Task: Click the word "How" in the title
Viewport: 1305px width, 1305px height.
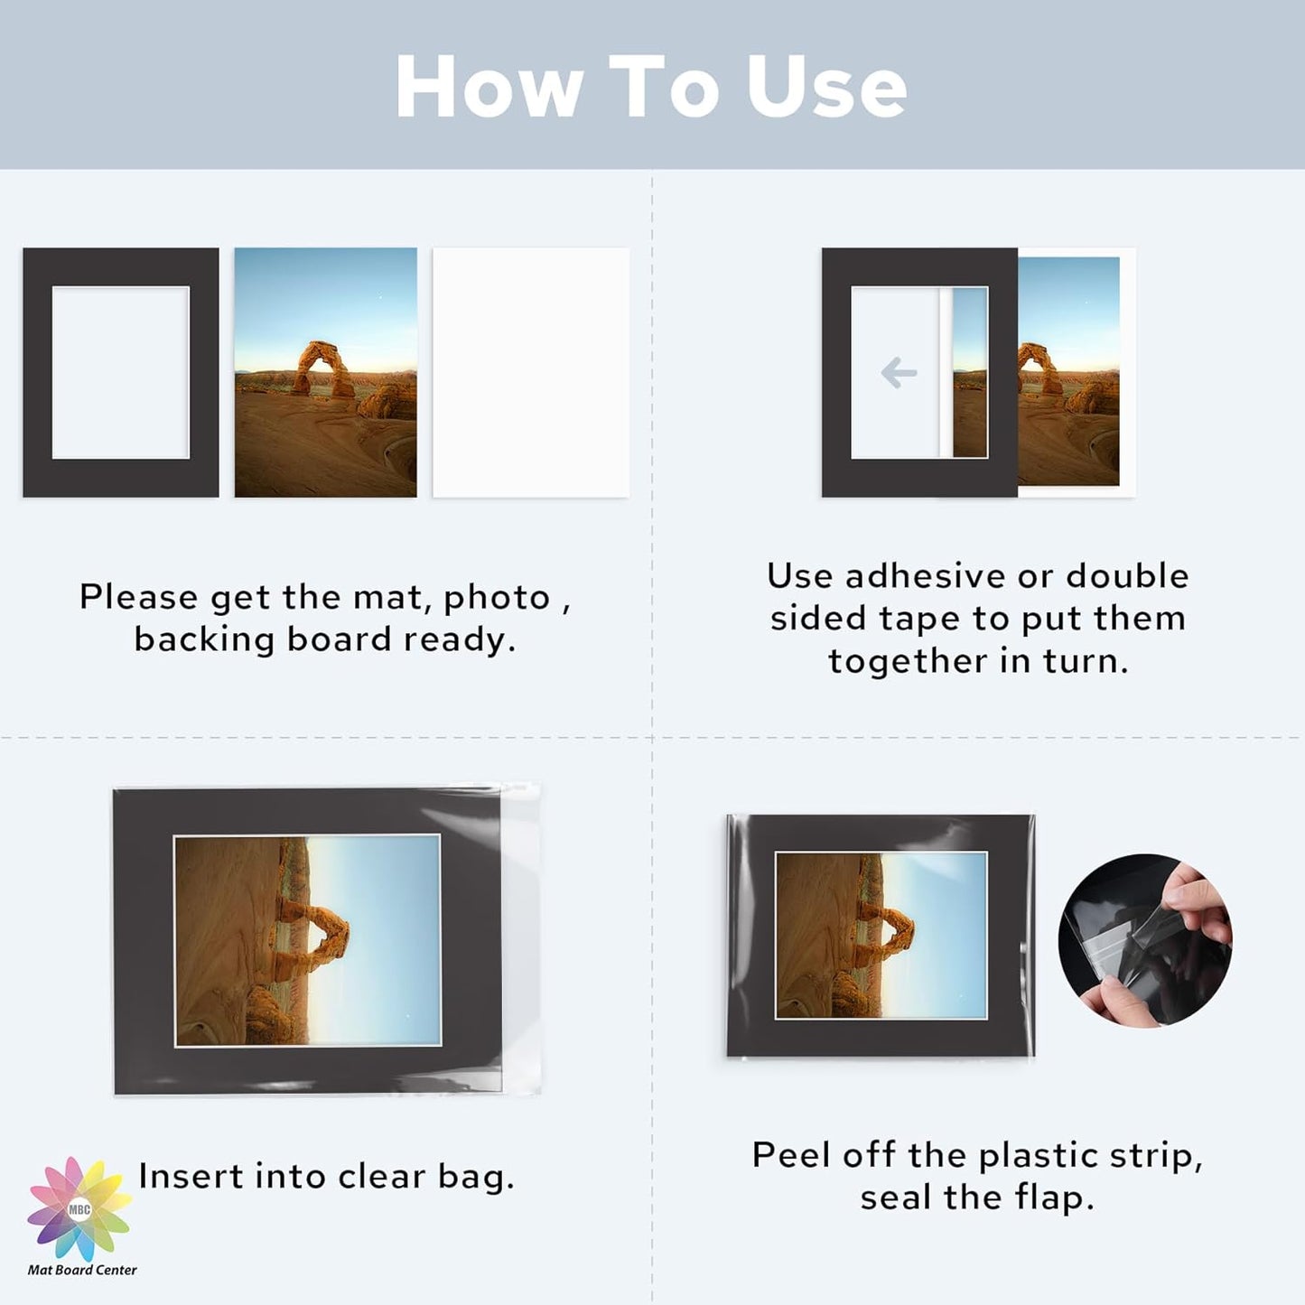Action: [x=489, y=87]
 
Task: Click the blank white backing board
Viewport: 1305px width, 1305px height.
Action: [x=530, y=372]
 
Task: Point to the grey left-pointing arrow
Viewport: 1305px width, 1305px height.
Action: [x=899, y=372]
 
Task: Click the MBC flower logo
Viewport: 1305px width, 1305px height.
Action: [x=79, y=1209]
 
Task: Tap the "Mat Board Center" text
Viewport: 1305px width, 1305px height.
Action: [x=82, y=1270]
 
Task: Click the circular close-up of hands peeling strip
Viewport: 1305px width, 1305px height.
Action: [x=1144, y=939]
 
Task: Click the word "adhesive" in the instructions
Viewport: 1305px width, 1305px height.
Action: [x=925, y=576]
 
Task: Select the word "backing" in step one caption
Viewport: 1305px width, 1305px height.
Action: [x=204, y=640]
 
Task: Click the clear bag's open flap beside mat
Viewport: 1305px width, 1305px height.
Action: [x=521, y=939]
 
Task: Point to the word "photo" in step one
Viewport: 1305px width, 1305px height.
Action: [x=497, y=598]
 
